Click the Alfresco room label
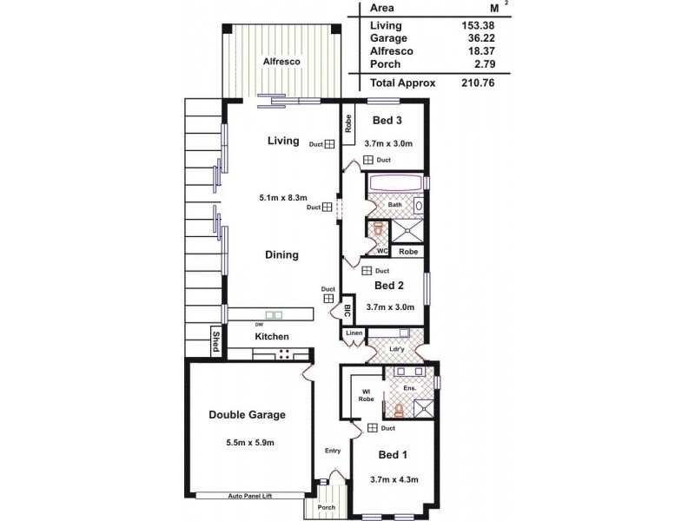tap(282, 62)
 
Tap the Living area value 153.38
tap(479, 25)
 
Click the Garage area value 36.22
tap(479, 38)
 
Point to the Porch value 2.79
tap(482, 64)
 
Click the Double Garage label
tap(247, 414)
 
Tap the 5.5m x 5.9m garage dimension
tap(247, 443)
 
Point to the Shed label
tap(215, 341)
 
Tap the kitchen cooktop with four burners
tap(283, 353)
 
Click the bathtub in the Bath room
tap(395, 183)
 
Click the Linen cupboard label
tap(354, 333)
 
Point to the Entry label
tap(333, 450)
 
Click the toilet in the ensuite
tap(399, 408)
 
